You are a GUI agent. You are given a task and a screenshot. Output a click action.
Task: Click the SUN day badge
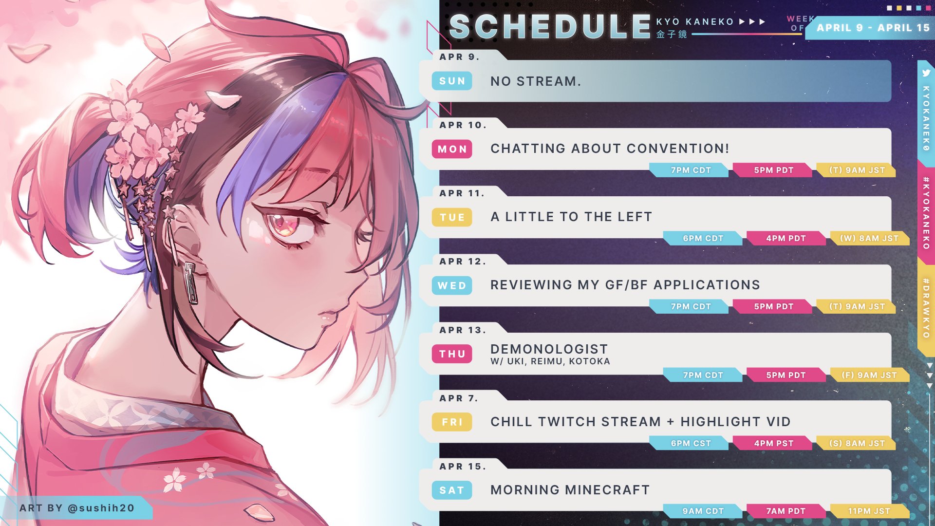pyautogui.click(x=452, y=81)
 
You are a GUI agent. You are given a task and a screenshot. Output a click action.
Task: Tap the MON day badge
pyautogui.click(x=452, y=149)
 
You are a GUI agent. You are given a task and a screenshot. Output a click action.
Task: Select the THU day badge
pyautogui.click(x=452, y=354)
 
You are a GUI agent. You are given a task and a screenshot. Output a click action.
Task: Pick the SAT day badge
pyautogui.click(x=452, y=490)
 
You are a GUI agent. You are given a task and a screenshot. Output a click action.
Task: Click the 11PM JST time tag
pyautogui.click(x=869, y=511)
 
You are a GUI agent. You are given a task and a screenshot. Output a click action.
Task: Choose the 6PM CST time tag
pyautogui.click(x=691, y=443)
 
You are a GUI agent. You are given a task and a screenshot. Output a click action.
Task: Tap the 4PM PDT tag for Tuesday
pyautogui.click(x=786, y=238)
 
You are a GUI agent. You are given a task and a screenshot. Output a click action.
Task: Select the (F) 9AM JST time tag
pyautogui.click(x=869, y=375)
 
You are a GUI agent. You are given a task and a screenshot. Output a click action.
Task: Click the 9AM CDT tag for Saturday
pyautogui.click(x=703, y=511)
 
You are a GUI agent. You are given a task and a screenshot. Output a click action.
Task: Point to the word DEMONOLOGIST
pyautogui.click(x=549, y=349)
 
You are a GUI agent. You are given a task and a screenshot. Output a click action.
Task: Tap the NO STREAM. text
pyautogui.click(x=536, y=81)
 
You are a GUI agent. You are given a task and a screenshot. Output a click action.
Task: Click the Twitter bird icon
pyautogui.click(x=926, y=73)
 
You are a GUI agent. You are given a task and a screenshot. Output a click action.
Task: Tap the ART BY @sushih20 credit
pyautogui.click(x=77, y=508)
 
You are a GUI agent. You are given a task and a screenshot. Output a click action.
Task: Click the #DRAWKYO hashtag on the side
pyautogui.click(x=926, y=308)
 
